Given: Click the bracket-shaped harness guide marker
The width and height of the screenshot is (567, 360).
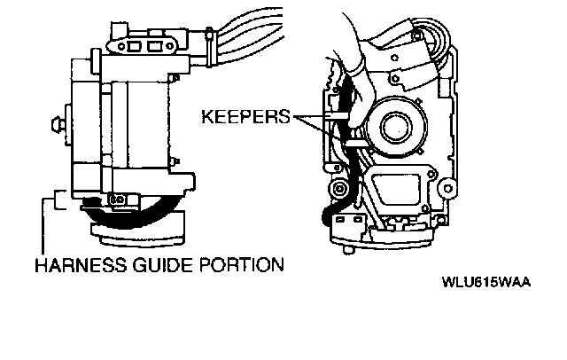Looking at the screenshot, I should click(58, 200).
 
